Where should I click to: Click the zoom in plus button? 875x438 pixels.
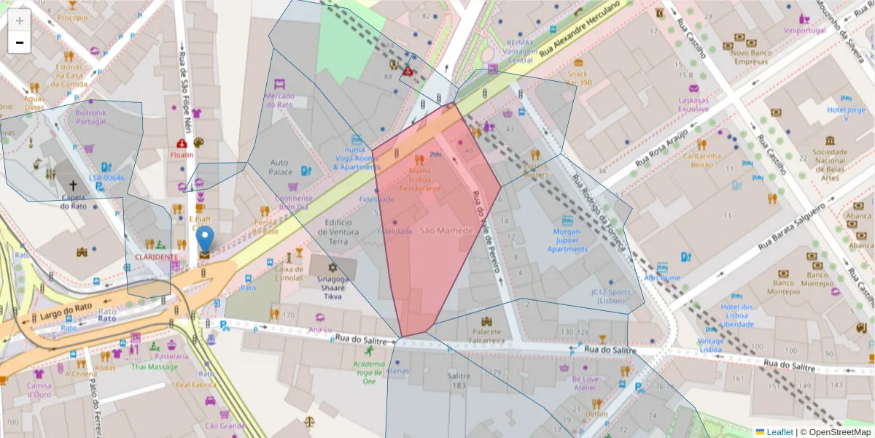pyautogui.click(x=20, y=20)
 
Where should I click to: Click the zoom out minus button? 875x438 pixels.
pyautogui.click(x=20, y=42)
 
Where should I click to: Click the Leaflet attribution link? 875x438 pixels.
pyautogui.click(x=779, y=432)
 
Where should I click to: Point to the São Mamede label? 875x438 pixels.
pyautogui.click(x=446, y=231)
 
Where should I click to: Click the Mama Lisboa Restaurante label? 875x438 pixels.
pyautogui.click(x=419, y=180)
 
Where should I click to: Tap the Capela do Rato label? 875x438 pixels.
pyautogui.click(x=72, y=201)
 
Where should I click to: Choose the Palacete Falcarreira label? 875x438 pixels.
pyautogui.click(x=487, y=335)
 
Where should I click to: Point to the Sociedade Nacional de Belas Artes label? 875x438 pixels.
pyautogui.click(x=830, y=164)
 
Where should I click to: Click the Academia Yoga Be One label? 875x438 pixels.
pyautogui.click(x=369, y=372)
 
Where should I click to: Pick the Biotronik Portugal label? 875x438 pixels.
pyautogui.click(x=91, y=117)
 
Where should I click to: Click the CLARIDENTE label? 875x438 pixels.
pyautogui.click(x=155, y=257)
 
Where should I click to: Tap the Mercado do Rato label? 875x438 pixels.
pyautogui.click(x=279, y=100)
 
